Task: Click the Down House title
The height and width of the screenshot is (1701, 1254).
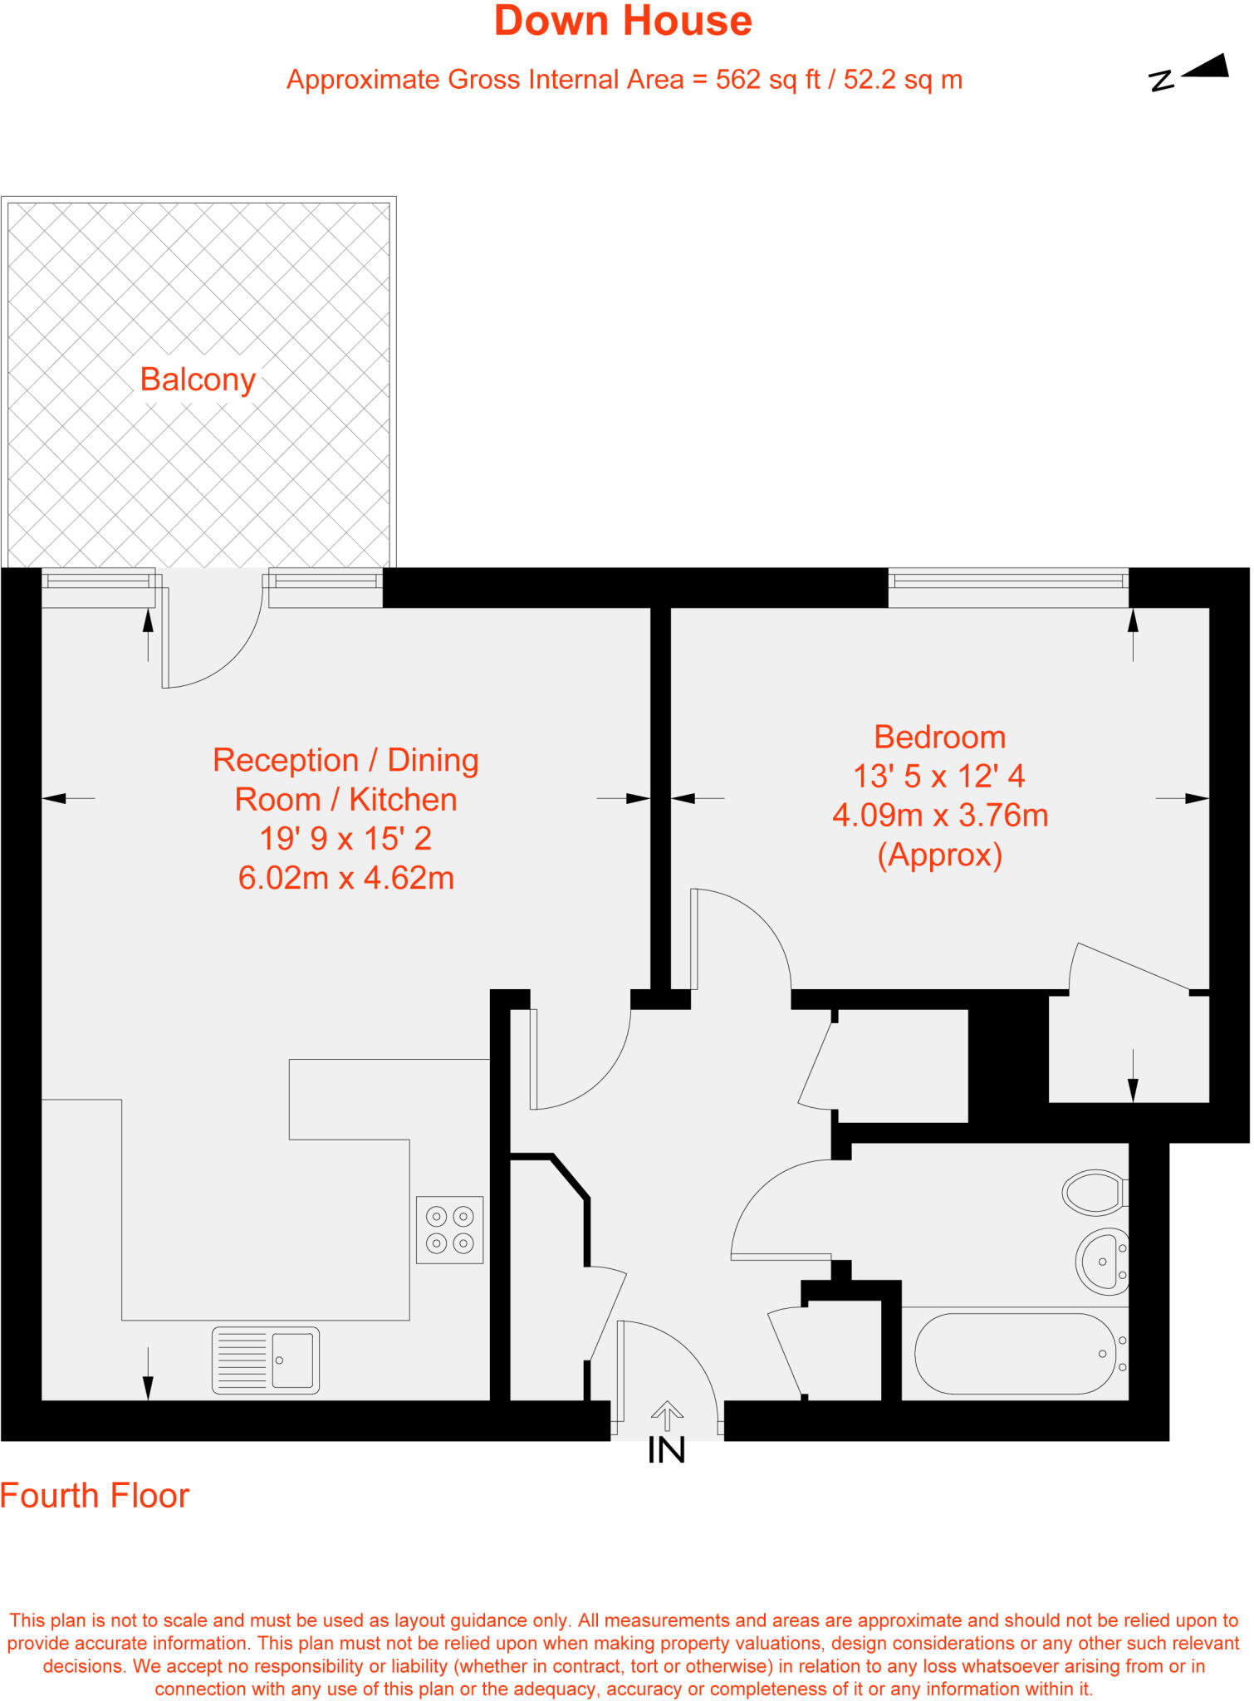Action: (623, 22)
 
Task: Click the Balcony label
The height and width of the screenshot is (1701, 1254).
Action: (198, 380)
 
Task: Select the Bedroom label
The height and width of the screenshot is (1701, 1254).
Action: (939, 738)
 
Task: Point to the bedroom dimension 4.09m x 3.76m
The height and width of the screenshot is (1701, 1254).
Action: (939, 816)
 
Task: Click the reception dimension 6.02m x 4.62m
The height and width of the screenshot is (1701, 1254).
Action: (345, 878)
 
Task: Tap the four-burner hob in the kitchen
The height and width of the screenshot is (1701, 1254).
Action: (449, 1229)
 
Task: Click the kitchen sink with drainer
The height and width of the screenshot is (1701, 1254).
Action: (265, 1360)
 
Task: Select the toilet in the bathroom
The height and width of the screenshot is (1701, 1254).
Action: (1095, 1193)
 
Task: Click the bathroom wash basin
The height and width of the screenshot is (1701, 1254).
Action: (1102, 1261)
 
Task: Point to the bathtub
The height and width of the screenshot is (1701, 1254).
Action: (1015, 1353)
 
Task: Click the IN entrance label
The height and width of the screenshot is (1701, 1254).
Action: (666, 1450)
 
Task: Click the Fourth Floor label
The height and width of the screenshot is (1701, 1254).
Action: (95, 1496)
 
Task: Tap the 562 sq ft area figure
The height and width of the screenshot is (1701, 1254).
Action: (767, 81)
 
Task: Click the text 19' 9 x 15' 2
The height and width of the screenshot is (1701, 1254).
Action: (345, 839)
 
